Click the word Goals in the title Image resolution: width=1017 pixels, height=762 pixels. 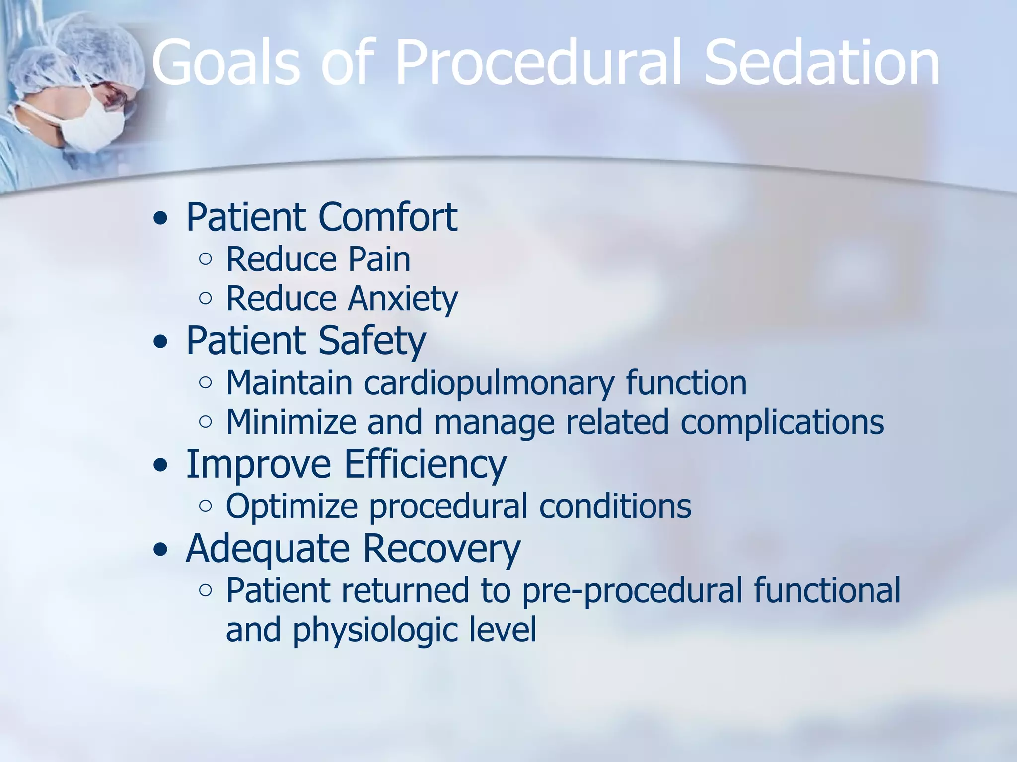pyautogui.click(x=226, y=63)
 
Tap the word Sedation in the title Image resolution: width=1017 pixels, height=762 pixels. pyautogui.click(x=822, y=63)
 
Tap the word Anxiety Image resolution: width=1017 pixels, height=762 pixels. pyautogui.click(x=402, y=299)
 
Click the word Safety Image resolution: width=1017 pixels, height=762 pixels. pyautogui.click(x=371, y=341)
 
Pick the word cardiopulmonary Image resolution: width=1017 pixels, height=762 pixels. pyautogui.click(x=489, y=383)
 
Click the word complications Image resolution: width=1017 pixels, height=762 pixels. pyautogui.click(x=782, y=422)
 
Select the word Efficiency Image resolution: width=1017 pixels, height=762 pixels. pyautogui.click(x=425, y=464)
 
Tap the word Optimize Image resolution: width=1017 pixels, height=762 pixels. pyautogui.click(x=291, y=507)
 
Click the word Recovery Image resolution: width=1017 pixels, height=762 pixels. pyautogui.click(x=441, y=549)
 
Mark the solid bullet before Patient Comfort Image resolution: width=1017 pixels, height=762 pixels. pyautogui.click(x=160, y=218)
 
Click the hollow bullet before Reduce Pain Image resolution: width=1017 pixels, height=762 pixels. pyautogui.click(x=205, y=259)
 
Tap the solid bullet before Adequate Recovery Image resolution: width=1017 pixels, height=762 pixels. pyautogui.click(x=160, y=550)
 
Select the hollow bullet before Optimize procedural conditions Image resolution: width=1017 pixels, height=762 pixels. pyautogui.click(x=205, y=506)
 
